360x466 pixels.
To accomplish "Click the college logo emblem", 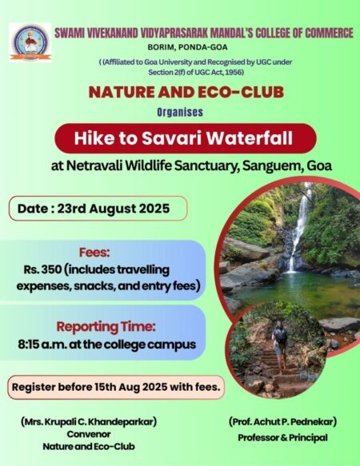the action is tap(30, 42).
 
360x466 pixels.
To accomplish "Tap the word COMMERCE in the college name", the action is tap(330, 33).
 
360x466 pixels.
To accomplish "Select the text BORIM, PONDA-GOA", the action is tap(187, 47).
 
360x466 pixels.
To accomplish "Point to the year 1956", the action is tap(234, 72).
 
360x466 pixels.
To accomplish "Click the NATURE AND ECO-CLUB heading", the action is tap(186, 92).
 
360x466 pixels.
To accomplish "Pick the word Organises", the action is tap(180, 112).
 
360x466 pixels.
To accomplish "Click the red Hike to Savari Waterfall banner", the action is tap(186, 138).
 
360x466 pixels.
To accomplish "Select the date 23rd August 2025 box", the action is tap(98, 209).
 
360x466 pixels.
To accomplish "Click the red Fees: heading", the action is tap(94, 253).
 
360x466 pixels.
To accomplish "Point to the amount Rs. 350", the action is tap(43, 269).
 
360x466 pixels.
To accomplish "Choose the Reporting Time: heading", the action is tap(106, 327).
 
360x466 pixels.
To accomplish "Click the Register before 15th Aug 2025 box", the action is tap(116, 387).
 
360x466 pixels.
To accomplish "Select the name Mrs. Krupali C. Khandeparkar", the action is tap(89, 421).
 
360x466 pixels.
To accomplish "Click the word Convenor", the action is tap(89, 434).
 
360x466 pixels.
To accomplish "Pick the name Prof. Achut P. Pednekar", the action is tap(282, 421).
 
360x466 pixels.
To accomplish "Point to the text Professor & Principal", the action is tap(282, 438).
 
